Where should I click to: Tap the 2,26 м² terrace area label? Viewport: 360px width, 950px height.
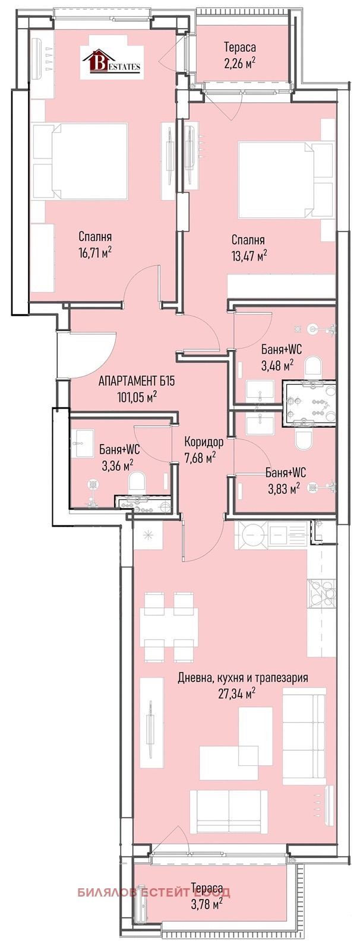(240, 64)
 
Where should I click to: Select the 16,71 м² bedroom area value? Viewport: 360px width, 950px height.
(95, 253)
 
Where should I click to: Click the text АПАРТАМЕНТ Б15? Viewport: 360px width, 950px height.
(136, 381)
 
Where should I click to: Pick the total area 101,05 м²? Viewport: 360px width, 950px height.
(137, 397)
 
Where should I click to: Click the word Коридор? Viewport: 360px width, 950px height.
(204, 443)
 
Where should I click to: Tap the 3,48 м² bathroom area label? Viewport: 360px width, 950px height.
(277, 365)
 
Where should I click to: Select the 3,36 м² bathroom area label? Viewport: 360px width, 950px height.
(118, 465)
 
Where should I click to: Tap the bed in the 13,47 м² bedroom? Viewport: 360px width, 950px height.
(285, 179)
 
